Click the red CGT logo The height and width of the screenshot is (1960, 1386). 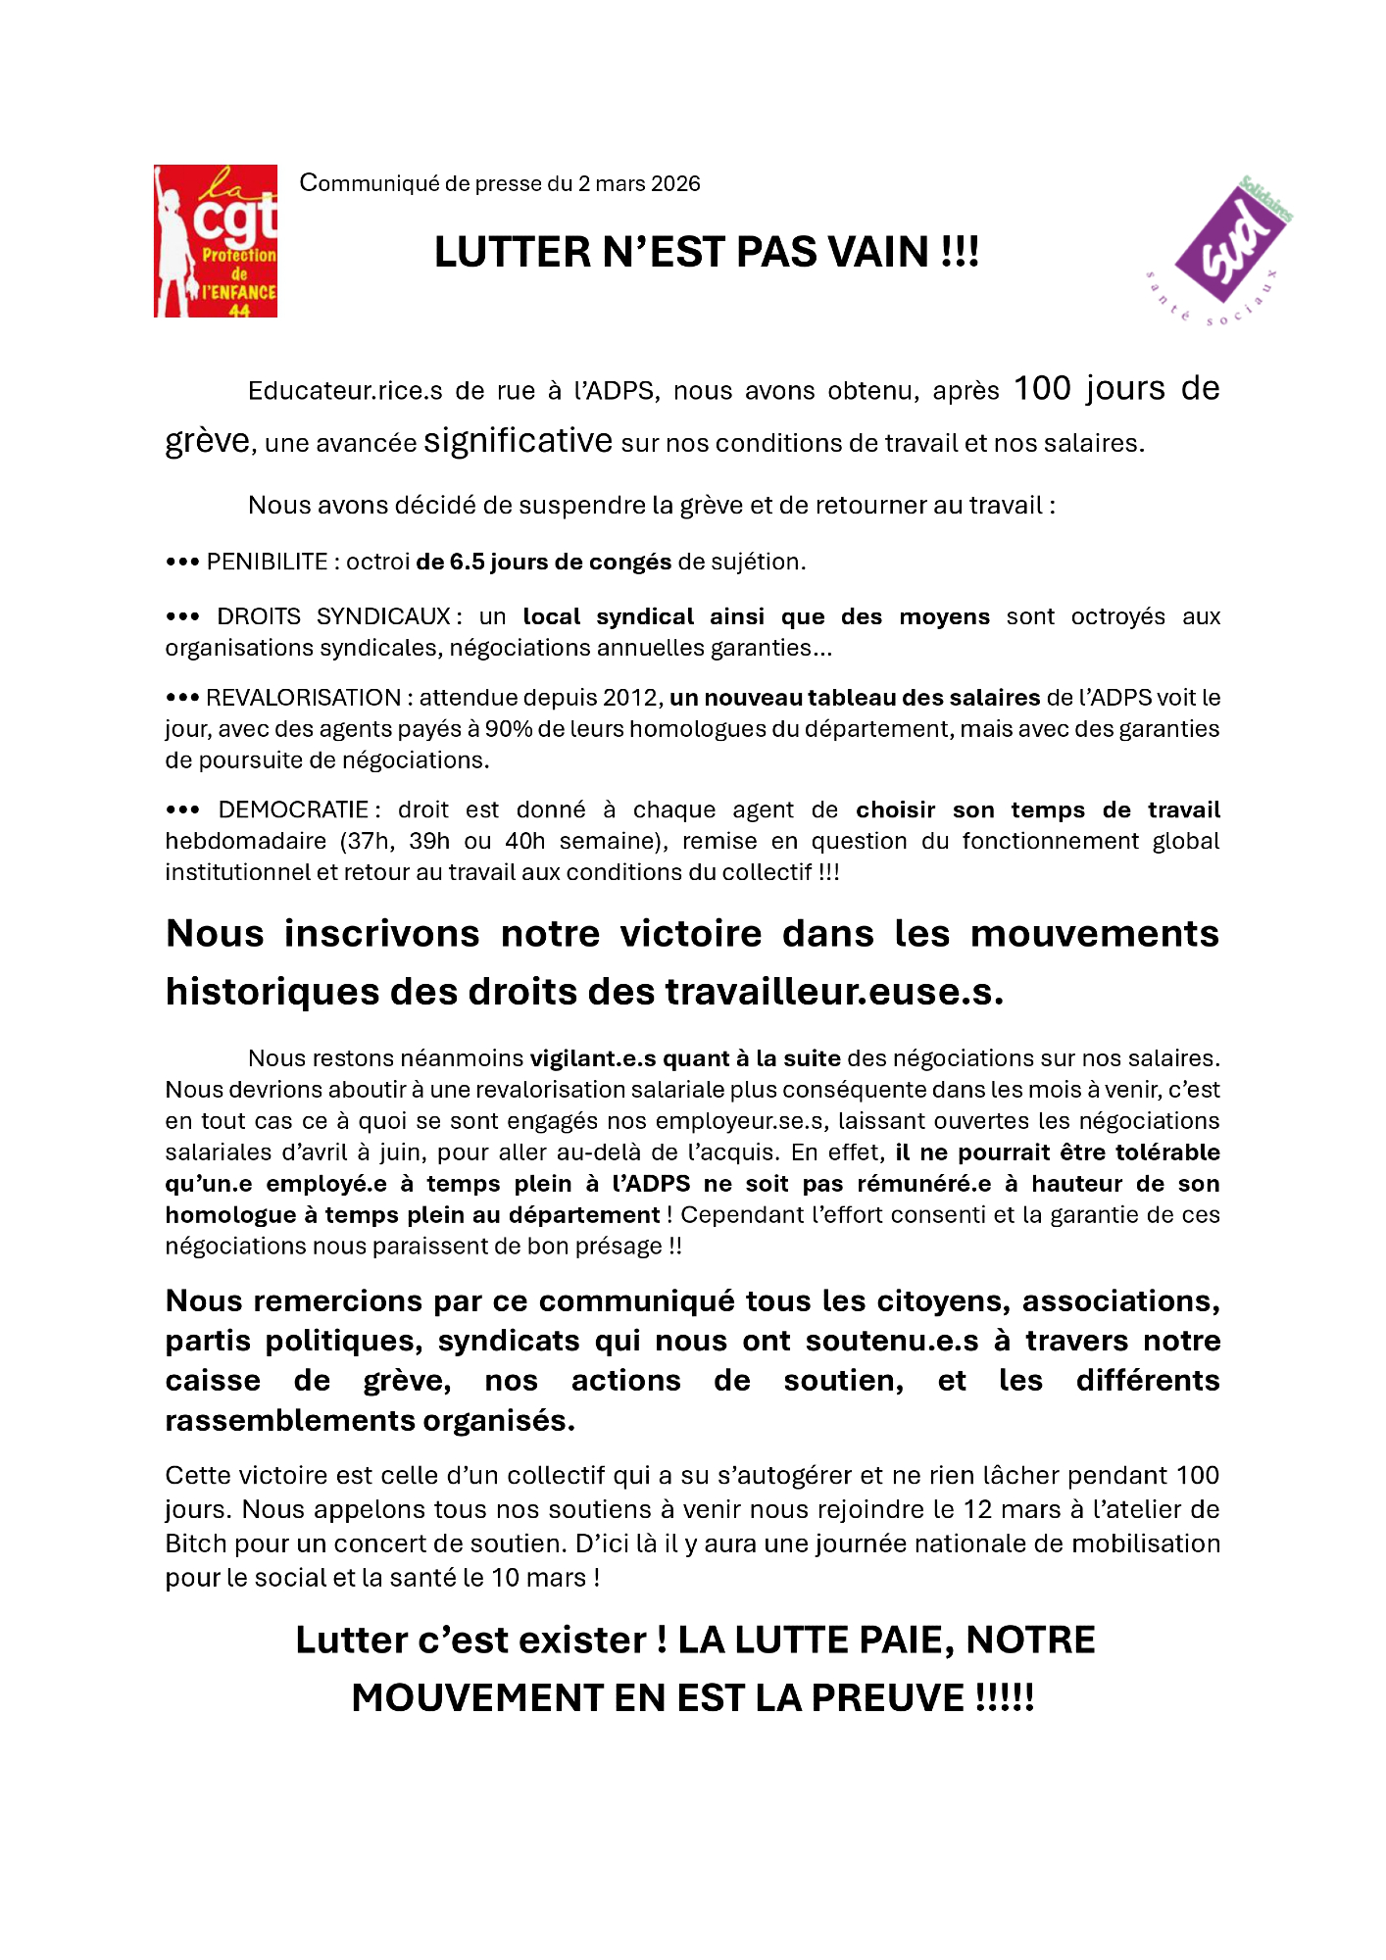(x=216, y=241)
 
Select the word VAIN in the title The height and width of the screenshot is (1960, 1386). (x=878, y=253)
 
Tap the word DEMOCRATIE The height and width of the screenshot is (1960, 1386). (x=293, y=810)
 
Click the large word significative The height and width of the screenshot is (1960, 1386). (x=518, y=441)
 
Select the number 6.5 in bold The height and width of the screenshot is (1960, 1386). (x=467, y=563)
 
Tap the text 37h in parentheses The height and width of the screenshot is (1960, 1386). (x=366, y=842)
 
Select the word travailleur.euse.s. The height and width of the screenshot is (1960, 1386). (x=834, y=992)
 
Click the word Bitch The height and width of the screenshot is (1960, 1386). (x=196, y=1544)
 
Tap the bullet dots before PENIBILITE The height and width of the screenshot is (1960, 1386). (x=182, y=563)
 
